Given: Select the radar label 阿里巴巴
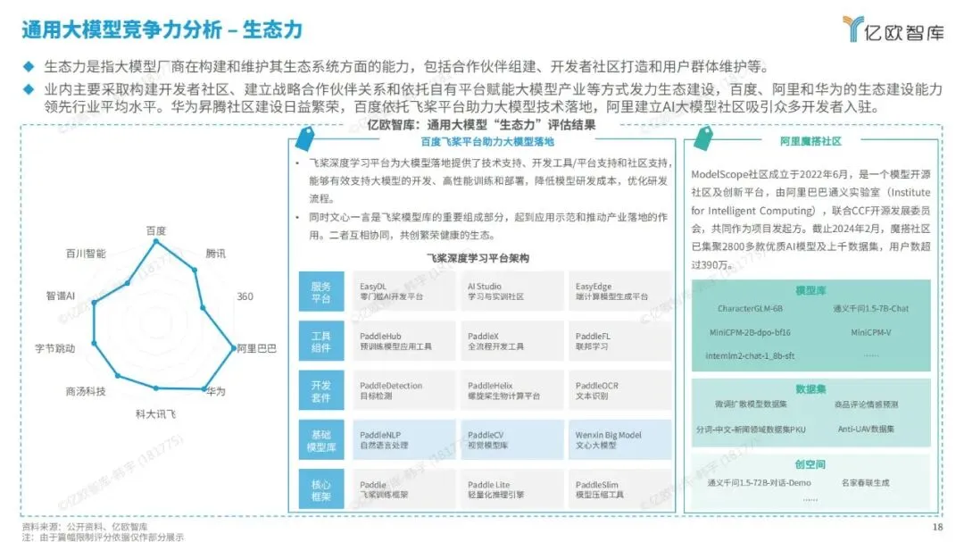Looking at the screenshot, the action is coord(256,347).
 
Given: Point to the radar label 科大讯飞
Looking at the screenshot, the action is coord(155,413).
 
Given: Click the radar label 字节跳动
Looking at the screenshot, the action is coord(54,347).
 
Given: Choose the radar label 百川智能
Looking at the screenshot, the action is coord(86,254).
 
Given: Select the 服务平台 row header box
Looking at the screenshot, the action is coord(321,292).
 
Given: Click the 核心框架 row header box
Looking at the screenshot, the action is coord(321,489).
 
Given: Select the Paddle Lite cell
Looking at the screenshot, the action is coord(510,489).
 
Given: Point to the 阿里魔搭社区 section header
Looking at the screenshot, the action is coord(810,141).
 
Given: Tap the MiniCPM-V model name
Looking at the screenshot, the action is coord(870,331).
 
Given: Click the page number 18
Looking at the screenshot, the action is coord(937,528).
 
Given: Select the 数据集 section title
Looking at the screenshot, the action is coord(810,389).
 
